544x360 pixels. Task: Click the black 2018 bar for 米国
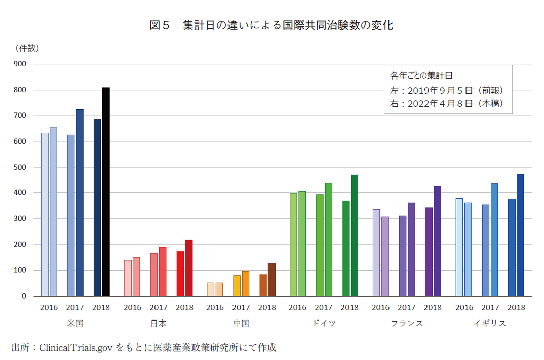click(106, 192)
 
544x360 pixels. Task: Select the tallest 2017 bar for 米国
click(80, 203)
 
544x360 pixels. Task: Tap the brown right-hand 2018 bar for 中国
click(271, 279)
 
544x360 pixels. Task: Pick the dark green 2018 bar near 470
click(355, 235)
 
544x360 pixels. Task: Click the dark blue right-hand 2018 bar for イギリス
click(520, 235)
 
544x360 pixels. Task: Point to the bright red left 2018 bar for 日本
click(180, 273)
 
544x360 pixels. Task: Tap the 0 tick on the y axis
click(23, 296)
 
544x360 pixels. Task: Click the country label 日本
click(158, 323)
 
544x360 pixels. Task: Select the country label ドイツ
click(324, 323)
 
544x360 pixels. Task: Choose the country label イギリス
click(490, 323)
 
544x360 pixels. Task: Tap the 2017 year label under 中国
click(241, 307)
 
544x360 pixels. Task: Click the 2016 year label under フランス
click(380, 307)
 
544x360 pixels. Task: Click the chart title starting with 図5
click(271, 26)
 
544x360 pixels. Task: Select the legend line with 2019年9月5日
click(446, 90)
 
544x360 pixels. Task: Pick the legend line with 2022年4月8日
click(446, 103)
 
